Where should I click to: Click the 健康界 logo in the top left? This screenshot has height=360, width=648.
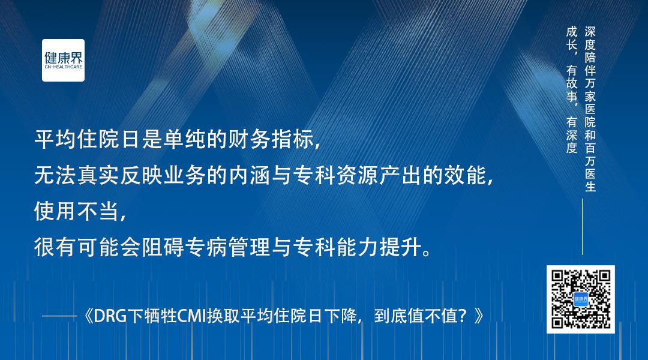63,59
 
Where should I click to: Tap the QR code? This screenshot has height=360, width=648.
580,299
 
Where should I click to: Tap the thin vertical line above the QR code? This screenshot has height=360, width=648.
581,227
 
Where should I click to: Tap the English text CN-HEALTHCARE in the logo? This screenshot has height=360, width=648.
63,69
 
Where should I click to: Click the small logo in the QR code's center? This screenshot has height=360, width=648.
580,299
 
